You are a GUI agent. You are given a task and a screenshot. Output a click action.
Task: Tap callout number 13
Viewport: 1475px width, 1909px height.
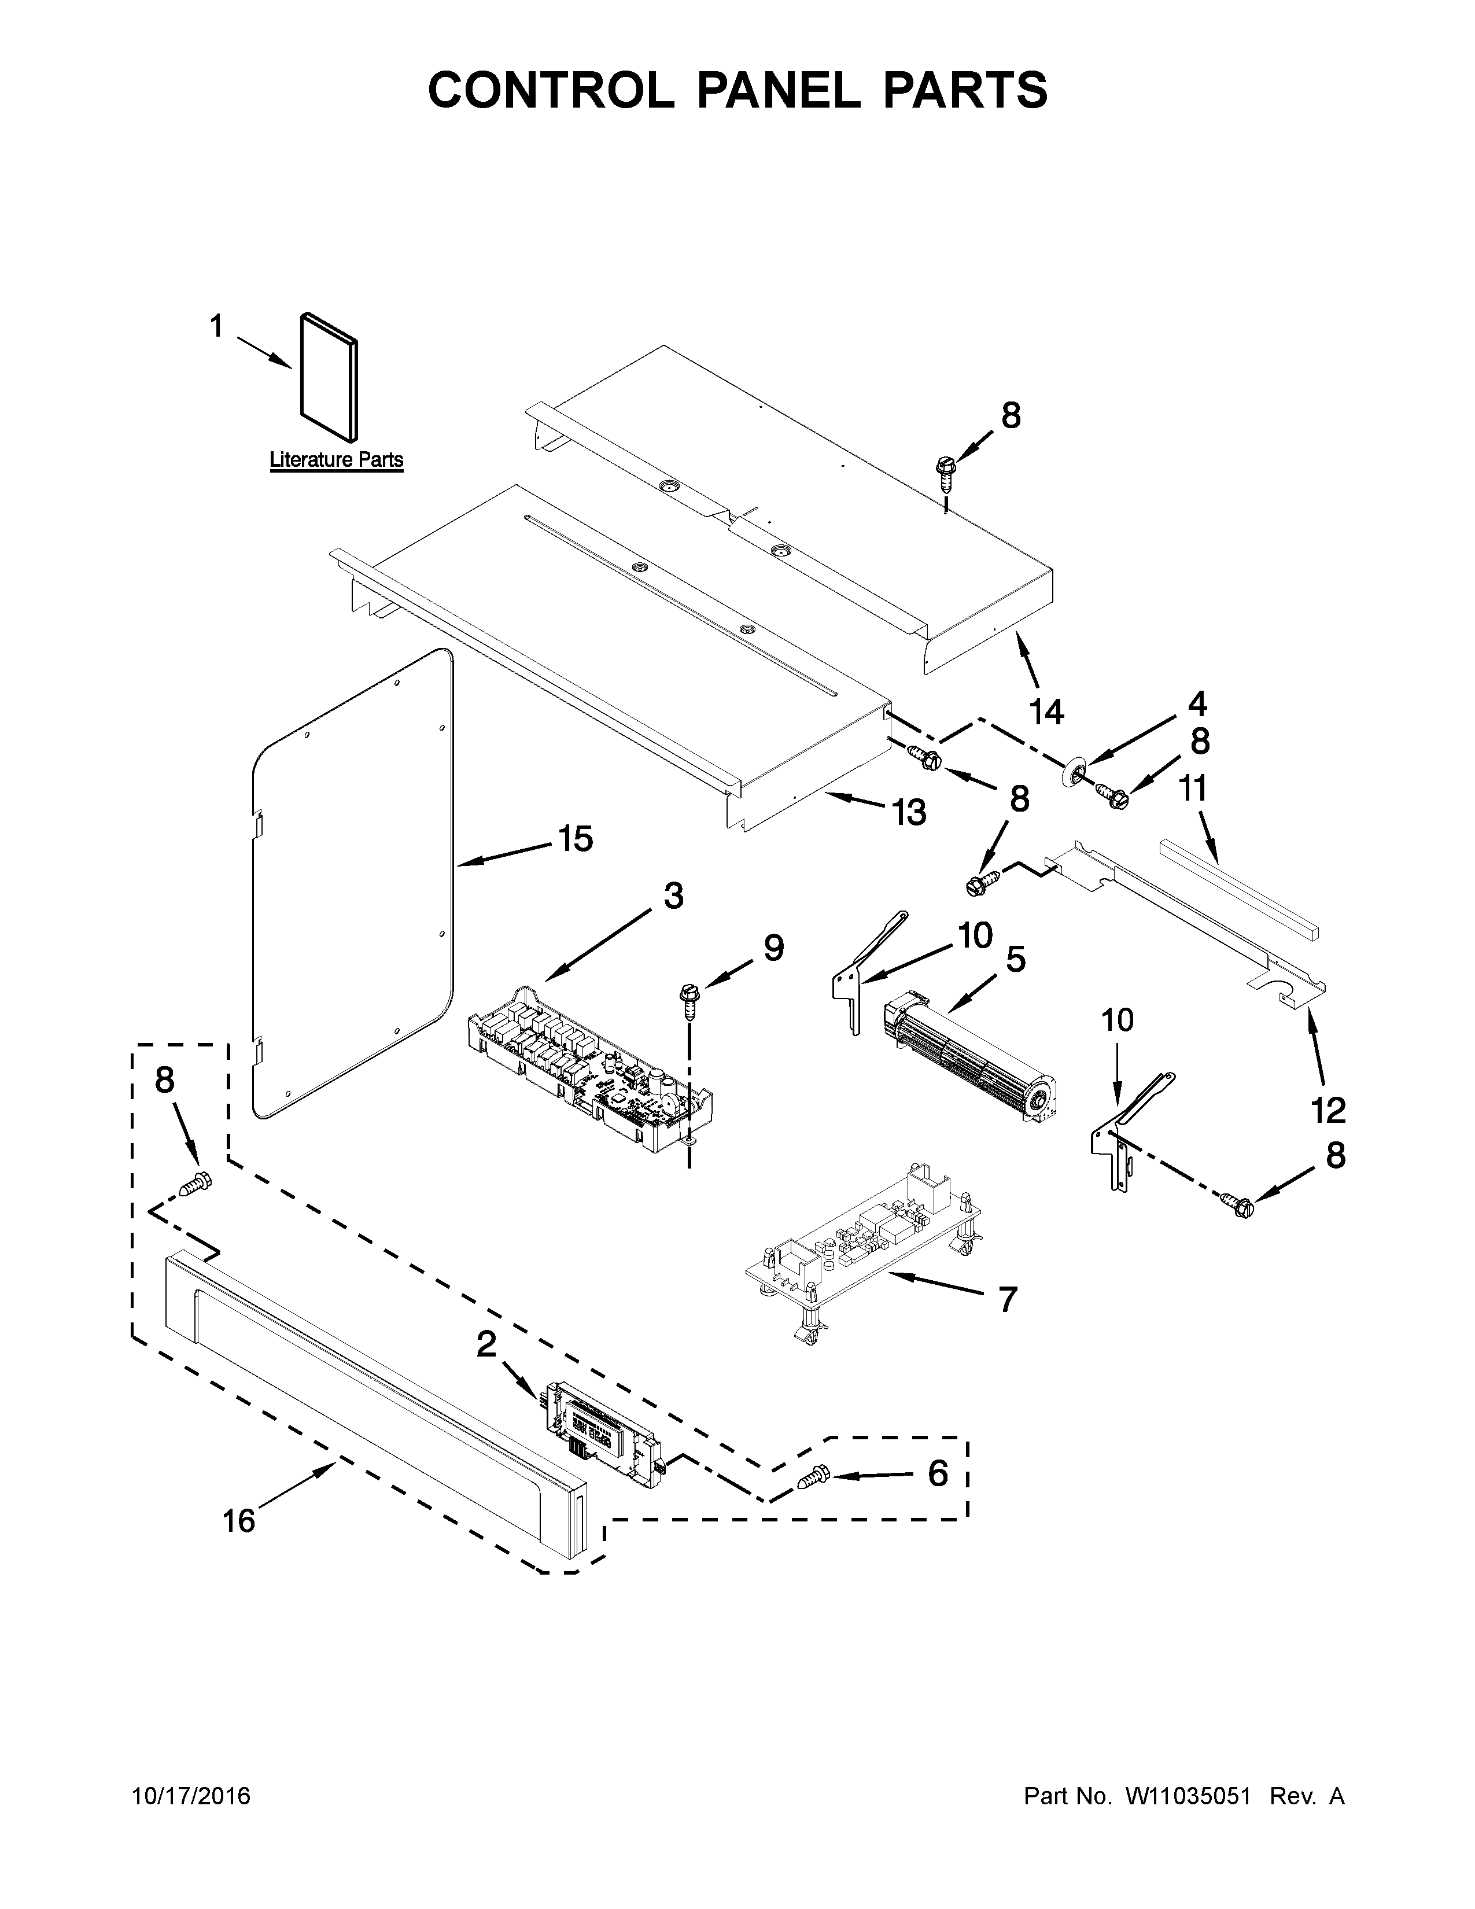tap(909, 812)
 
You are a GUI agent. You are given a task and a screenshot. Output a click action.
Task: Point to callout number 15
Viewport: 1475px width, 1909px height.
tap(575, 839)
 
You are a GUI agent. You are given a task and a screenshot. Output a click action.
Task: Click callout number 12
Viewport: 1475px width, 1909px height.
tap(1328, 1111)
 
